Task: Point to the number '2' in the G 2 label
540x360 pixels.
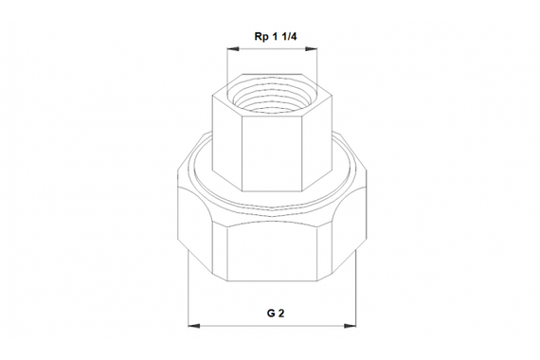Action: [278, 311]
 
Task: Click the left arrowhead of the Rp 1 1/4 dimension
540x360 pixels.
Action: [230, 47]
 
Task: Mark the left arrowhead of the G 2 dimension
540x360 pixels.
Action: [193, 325]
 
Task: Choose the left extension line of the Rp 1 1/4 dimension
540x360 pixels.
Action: [225, 66]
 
